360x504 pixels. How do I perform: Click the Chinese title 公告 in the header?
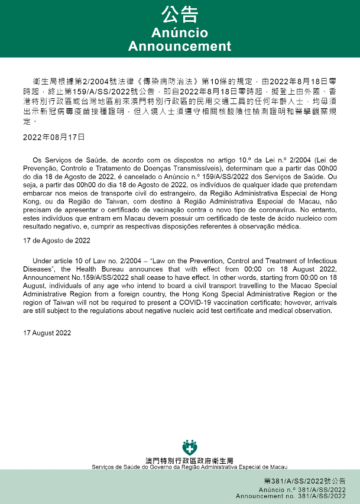coord(180,14)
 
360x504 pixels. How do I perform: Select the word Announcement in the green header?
coord(180,46)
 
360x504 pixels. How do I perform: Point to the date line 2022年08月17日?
coord(54,137)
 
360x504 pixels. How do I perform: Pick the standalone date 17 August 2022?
coord(47,333)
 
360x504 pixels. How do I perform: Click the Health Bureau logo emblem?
coord(189,447)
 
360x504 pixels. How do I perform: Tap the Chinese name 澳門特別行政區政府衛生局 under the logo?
coord(189,460)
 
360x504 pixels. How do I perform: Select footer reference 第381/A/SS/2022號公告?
coord(304,482)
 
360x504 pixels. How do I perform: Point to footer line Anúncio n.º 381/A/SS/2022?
coord(302,490)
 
